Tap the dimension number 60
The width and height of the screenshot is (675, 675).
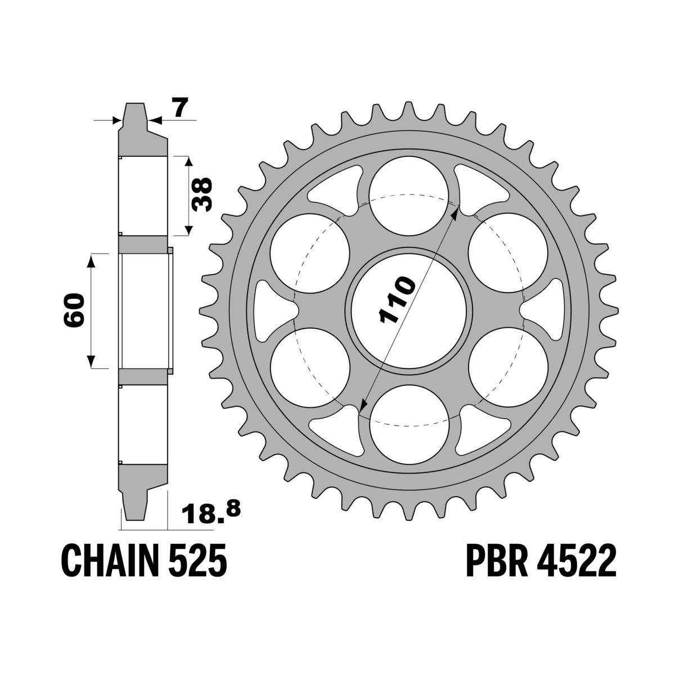tap(75, 310)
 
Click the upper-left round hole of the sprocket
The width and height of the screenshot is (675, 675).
tap(310, 253)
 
